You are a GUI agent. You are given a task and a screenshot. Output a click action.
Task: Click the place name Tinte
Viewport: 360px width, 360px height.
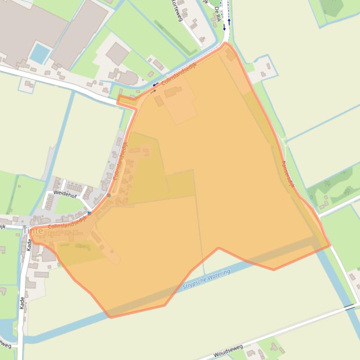pyautogui.click(x=32, y=230)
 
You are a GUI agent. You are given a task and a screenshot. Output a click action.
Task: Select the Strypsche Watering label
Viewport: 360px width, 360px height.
pyautogui.click(x=206, y=279)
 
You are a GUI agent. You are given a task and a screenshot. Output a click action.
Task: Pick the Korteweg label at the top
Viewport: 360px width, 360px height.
pyautogui.click(x=177, y=7)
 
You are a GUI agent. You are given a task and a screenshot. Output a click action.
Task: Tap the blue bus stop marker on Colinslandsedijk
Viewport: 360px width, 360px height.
pyautogui.click(x=89, y=213)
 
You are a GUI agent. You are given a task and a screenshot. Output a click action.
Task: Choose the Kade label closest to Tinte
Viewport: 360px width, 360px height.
pyautogui.click(x=29, y=245)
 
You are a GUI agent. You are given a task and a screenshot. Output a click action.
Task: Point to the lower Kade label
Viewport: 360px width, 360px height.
pyautogui.click(x=22, y=302)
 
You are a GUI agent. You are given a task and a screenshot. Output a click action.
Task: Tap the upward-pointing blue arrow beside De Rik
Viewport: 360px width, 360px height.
pyautogui.click(x=229, y=22)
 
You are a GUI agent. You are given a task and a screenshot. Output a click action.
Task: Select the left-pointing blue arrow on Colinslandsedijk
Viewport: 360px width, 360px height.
pyautogui.click(x=155, y=85)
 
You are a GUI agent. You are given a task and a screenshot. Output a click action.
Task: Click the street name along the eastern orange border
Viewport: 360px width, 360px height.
pyautogui.click(x=288, y=174)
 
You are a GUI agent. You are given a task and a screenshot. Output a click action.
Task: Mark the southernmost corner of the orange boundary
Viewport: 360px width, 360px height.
pyautogui.click(x=111, y=317)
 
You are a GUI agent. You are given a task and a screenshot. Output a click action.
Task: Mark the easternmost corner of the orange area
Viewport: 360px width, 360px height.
pyautogui.click(x=330, y=245)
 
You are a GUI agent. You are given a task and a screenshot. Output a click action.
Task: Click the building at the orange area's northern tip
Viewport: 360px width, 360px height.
pyautogui.click(x=230, y=55)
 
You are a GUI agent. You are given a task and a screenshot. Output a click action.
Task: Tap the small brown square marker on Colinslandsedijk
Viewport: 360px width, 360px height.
pyautogui.click(x=109, y=195)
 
